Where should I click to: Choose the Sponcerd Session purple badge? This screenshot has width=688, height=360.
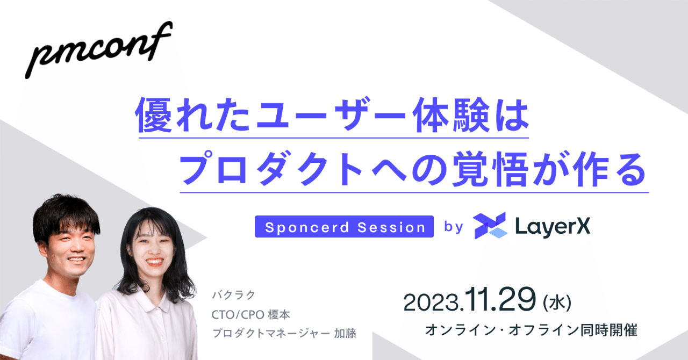(x=344, y=227)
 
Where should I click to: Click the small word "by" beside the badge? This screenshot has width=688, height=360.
(x=454, y=227)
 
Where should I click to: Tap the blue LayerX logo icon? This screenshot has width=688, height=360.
(x=490, y=226)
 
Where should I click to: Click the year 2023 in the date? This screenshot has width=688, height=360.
(x=432, y=302)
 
